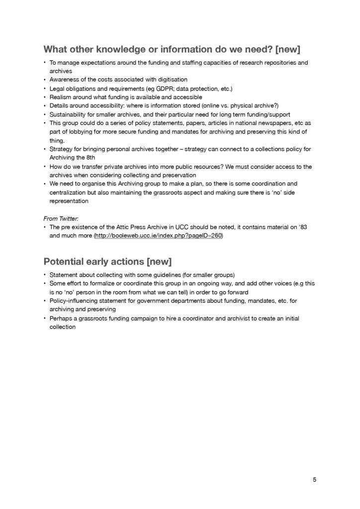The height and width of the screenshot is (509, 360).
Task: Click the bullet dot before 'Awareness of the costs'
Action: [44, 80]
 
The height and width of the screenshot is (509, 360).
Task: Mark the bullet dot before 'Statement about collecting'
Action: [44, 274]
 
